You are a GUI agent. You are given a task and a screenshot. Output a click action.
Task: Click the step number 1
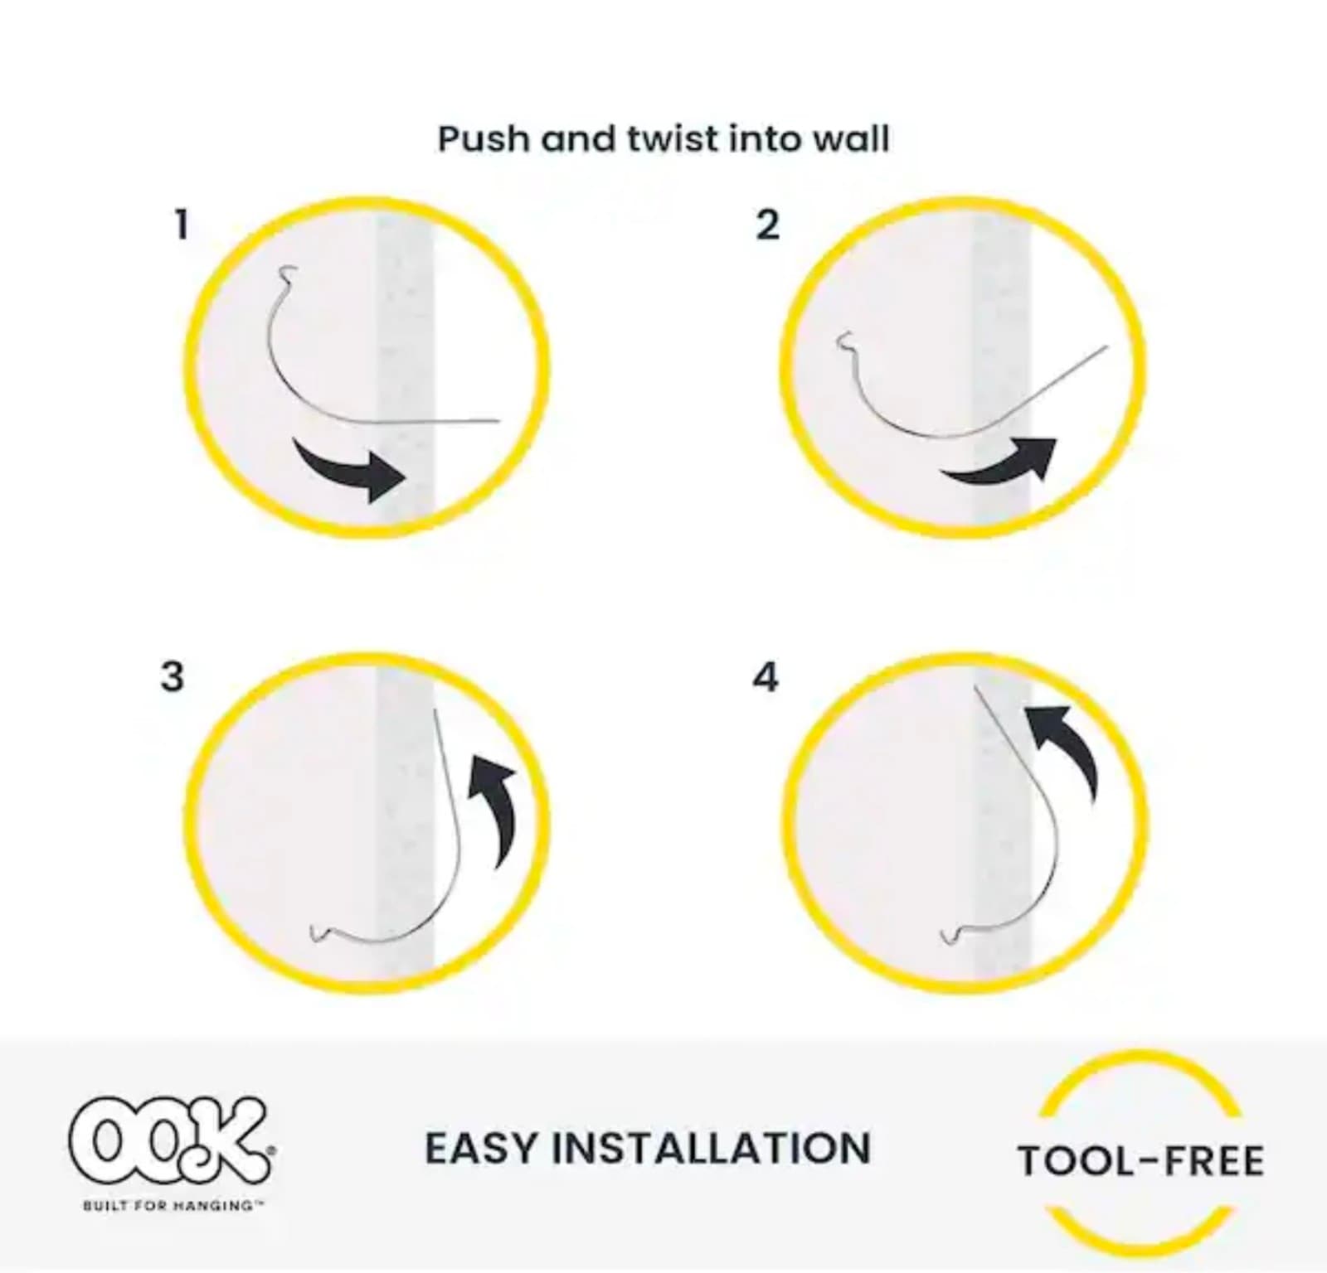pos(182,225)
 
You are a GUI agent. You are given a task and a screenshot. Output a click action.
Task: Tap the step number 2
pos(767,225)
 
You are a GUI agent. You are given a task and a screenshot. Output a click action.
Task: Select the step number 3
pos(172,677)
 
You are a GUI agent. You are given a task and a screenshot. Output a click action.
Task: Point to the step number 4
pos(765,677)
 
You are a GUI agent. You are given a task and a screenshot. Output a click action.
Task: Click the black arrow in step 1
pos(352,471)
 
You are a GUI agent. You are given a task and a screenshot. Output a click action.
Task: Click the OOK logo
pos(170,1140)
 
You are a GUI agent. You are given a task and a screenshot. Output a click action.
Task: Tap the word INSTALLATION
pos(711,1149)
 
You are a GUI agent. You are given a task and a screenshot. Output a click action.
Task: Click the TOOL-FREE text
pos(1140,1160)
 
